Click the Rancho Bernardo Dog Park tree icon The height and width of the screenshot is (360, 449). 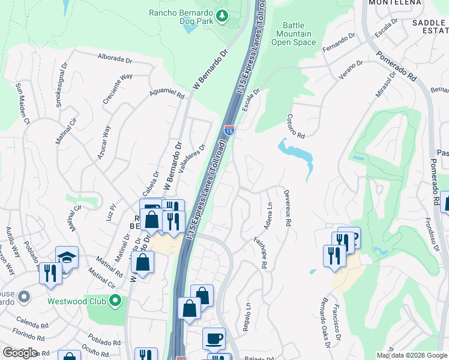(223, 15)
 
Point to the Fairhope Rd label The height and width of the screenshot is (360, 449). (262, 251)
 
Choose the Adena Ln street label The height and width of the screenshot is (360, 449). (268, 215)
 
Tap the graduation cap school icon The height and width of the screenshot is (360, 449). (67, 257)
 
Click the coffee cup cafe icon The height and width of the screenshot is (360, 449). (214, 339)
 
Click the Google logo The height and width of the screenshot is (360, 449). (20, 353)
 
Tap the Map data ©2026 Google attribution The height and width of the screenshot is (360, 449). (412, 355)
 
